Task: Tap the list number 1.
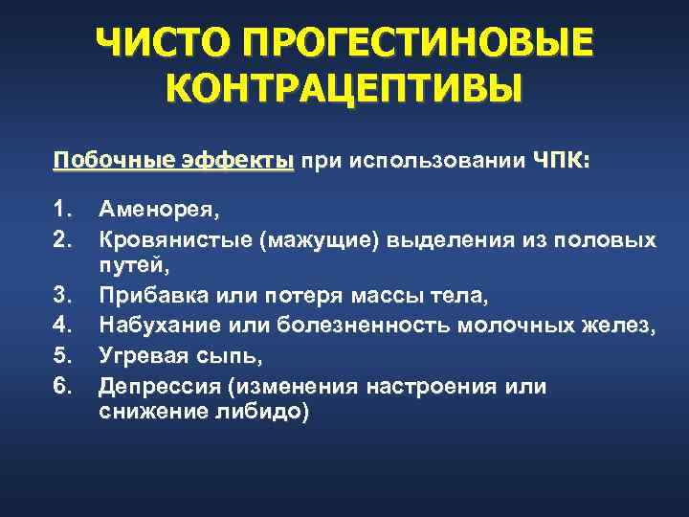63,206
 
